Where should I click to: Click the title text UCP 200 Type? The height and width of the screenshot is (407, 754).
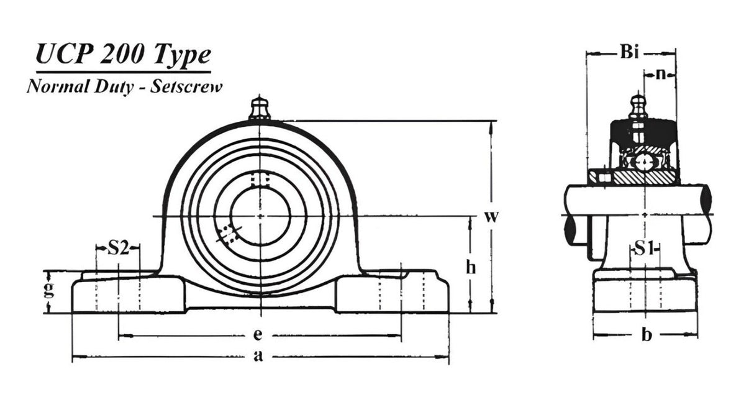tap(123, 56)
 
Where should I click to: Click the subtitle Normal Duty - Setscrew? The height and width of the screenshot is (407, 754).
tap(124, 87)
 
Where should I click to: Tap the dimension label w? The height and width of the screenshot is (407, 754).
tap(491, 217)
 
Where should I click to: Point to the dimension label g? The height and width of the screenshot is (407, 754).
tap(49, 290)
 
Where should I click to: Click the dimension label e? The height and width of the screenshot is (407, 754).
tap(257, 336)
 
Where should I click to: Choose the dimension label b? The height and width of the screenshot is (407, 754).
tap(646, 336)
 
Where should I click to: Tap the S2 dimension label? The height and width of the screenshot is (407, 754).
tap(118, 249)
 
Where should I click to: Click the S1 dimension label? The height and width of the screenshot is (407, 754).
tap(643, 249)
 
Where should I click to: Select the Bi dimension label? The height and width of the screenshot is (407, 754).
tap(629, 53)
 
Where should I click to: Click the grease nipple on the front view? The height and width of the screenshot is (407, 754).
tap(260, 108)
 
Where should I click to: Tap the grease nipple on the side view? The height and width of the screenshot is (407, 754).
tap(638, 107)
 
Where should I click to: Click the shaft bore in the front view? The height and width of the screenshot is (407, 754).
tap(260, 216)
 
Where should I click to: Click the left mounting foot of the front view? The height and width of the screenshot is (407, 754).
tap(127, 295)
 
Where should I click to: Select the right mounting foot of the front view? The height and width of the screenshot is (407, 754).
tap(391, 295)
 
